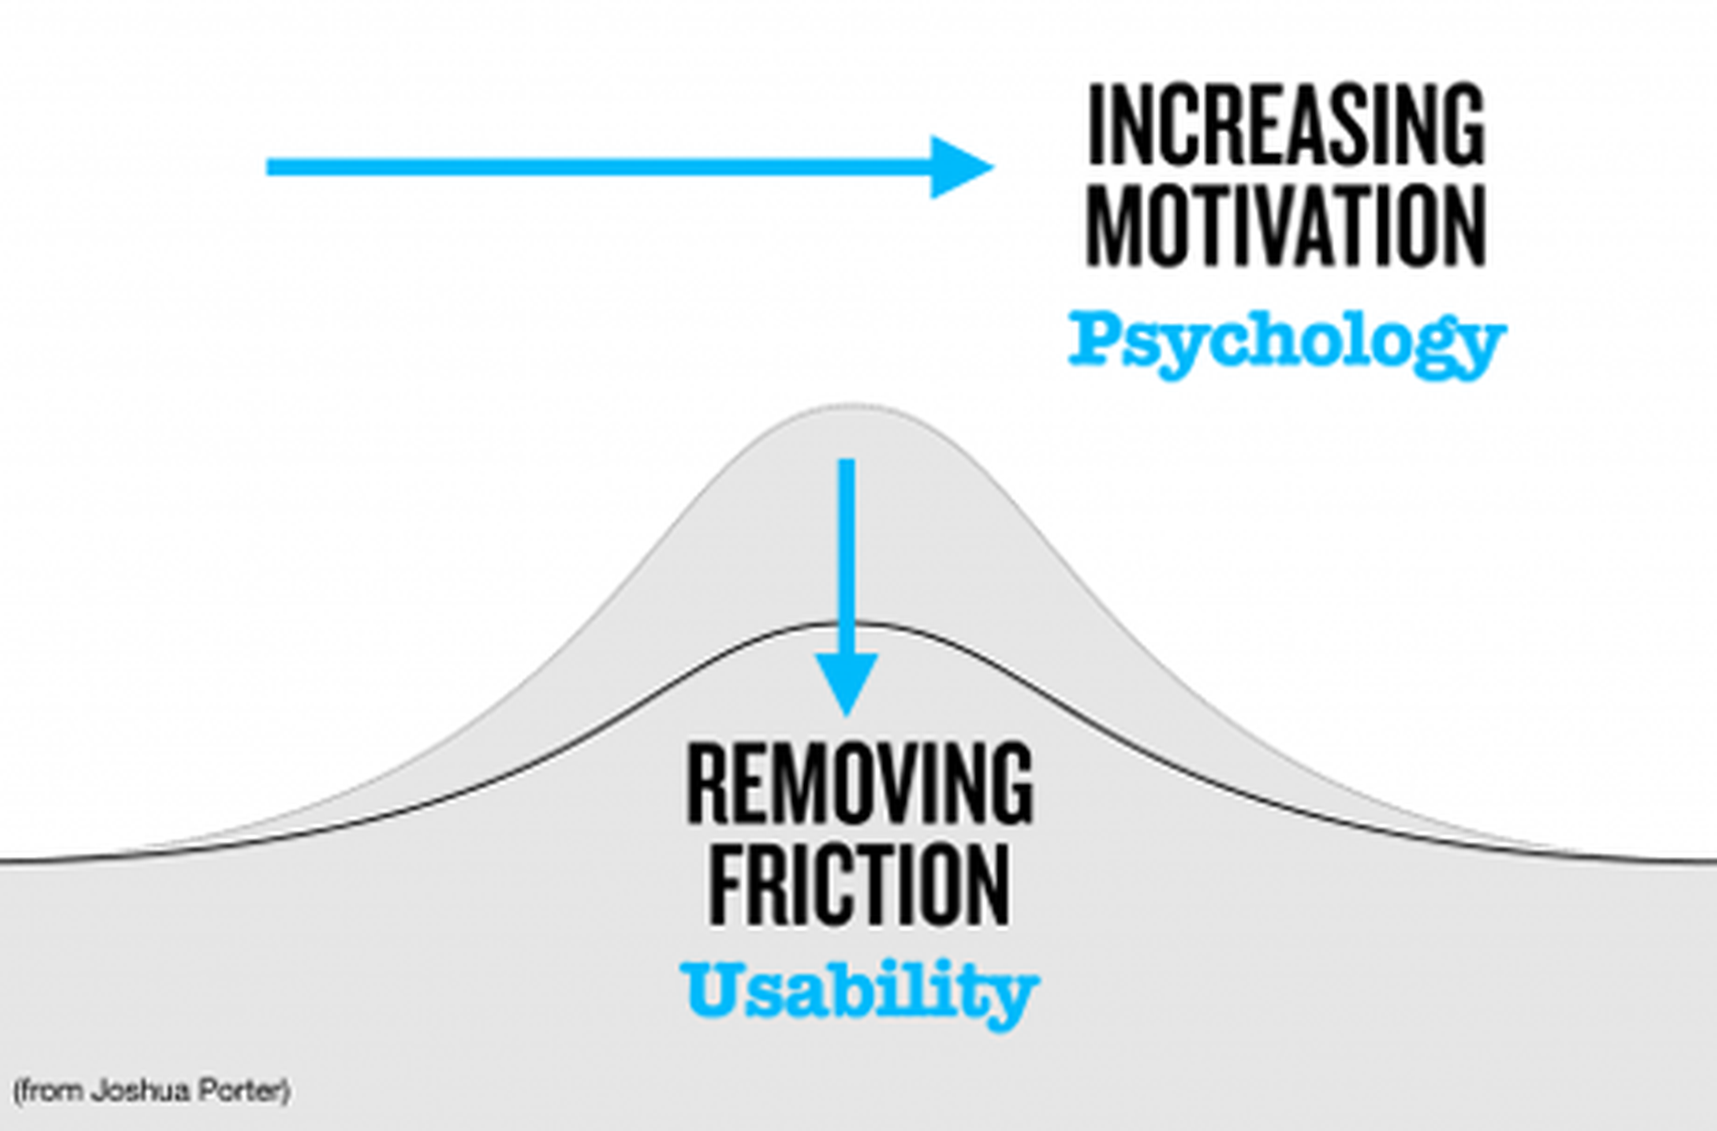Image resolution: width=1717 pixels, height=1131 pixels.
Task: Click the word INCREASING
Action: point(1286,125)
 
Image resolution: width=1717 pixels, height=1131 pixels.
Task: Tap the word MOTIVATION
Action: point(1286,225)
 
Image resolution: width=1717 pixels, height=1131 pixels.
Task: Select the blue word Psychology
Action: point(1288,344)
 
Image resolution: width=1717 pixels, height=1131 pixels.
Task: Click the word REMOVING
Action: point(860,783)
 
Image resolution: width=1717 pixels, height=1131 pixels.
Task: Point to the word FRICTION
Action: point(859,885)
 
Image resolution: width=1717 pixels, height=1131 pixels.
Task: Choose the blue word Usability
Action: point(859,992)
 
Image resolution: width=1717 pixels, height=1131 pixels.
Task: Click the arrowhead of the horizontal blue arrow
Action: point(962,167)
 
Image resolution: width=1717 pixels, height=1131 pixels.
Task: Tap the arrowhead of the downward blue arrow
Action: point(846,683)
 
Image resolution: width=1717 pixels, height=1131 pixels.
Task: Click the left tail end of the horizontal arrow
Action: point(267,167)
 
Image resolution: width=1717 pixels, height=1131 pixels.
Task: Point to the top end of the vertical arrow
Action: point(846,460)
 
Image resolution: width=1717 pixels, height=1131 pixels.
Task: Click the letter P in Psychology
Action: point(1096,339)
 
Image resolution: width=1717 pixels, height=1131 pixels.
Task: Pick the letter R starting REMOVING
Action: point(707,783)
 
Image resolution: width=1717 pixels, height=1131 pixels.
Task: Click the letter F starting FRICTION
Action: point(726,885)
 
